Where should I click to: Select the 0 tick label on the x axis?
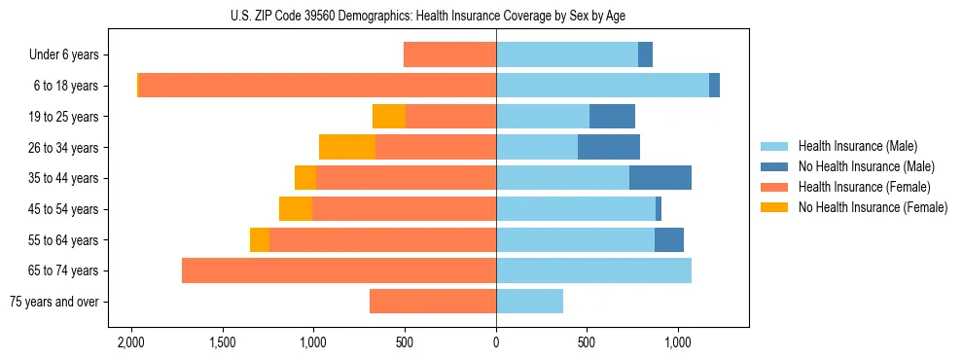coord(496,342)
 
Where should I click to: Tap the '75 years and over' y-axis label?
coord(54,302)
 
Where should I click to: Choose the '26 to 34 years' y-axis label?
coord(65,147)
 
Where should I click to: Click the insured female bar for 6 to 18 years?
coord(317,86)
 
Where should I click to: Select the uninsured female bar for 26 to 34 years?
coord(347,147)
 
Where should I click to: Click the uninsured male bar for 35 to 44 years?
coord(660,178)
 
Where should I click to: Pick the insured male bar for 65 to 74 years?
coord(593,270)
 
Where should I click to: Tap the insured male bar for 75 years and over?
coord(529,302)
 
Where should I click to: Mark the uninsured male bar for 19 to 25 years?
coord(612,117)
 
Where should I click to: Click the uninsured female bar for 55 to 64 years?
coord(260,239)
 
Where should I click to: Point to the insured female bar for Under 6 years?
coord(449,54)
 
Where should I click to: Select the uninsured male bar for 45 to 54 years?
coord(659,209)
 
